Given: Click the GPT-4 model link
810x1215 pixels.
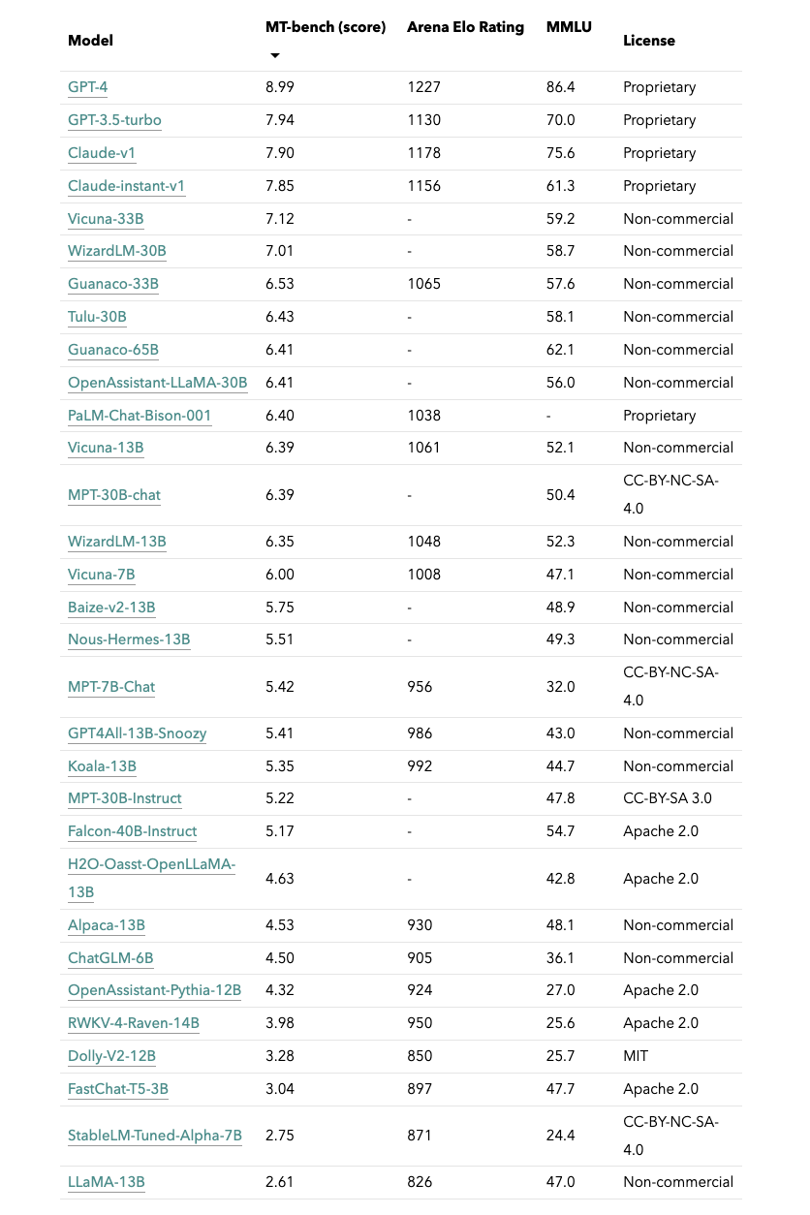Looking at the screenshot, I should (x=87, y=87).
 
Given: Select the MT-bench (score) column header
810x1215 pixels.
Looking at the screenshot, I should (x=325, y=27).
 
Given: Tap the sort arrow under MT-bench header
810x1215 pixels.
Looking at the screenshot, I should (x=274, y=55).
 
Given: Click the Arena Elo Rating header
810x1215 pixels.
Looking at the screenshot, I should (x=465, y=27).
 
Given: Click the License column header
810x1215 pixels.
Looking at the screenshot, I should (x=649, y=41).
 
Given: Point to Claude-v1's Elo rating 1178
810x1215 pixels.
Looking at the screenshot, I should (x=423, y=153).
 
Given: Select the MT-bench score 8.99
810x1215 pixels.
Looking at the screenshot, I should (x=280, y=87).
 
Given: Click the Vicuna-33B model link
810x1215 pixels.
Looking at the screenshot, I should (x=106, y=219).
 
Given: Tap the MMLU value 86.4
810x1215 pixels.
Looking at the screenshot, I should (x=560, y=87).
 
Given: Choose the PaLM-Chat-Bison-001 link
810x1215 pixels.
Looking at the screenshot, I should (x=140, y=416).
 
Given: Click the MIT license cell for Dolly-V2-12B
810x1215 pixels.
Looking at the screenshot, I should (x=636, y=1056).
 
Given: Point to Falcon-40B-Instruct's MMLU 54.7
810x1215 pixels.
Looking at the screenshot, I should (x=560, y=831).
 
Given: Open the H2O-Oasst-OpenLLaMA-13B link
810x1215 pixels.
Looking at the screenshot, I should (x=151, y=878).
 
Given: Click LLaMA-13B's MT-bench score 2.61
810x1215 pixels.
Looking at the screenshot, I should (x=279, y=1182).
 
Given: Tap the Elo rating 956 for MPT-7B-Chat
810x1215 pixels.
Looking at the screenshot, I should (x=419, y=687).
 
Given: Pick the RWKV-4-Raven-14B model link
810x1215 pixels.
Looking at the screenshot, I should (x=134, y=1023).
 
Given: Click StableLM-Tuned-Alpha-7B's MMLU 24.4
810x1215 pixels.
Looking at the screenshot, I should (x=560, y=1136).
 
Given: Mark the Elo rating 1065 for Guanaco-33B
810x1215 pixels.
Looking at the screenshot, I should (x=423, y=284).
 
